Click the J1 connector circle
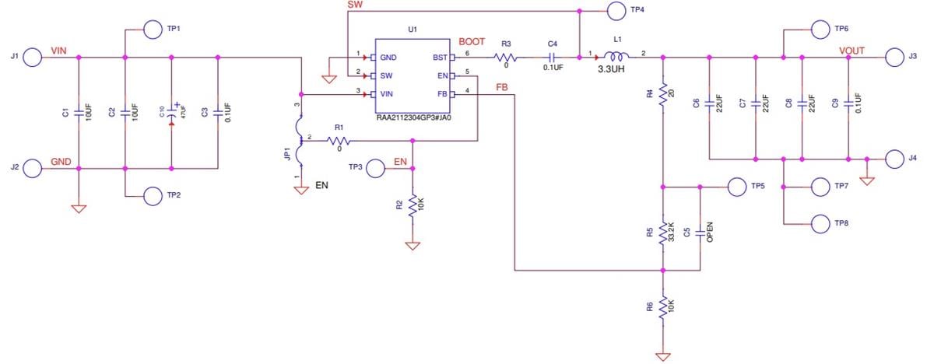pyautogui.click(x=33, y=57)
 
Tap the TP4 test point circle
pyautogui.click(x=617, y=11)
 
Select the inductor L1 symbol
pyautogui.click(x=618, y=56)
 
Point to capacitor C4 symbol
pyautogui.click(x=552, y=57)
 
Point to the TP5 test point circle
pyautogui.click(x=736, y=187)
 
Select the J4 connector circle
pyautogui.click(x=896, y=159)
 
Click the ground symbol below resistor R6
pyautogui.click(x=662, y=356)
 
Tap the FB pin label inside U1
pyautogui.click(x=442, y=93)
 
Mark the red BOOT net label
pyautogui.click(x=472, y=41)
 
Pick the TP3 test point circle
pyautogui.click(x=375, y=167)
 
